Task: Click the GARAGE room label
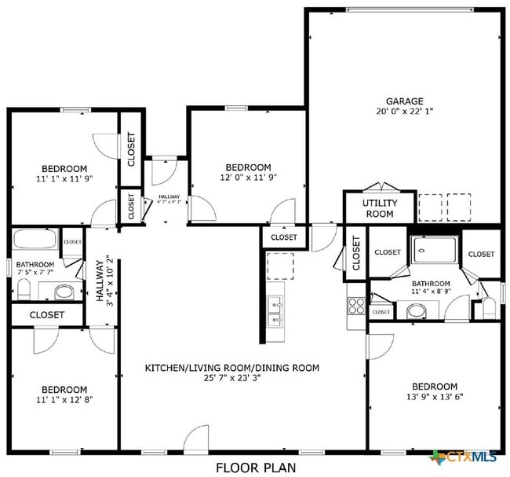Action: pos(404,101)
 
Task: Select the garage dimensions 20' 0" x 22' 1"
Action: pos(404,112)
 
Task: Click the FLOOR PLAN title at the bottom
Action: pos(256,468)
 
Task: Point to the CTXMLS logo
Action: pos(468,457)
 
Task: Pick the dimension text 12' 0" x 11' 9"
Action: pos(248,178)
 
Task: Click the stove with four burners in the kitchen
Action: pos(355,304)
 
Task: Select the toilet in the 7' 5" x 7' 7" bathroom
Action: pos(23,291)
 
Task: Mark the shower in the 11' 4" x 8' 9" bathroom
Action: pos(433,252)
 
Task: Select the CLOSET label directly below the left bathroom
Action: pos(47,314)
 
